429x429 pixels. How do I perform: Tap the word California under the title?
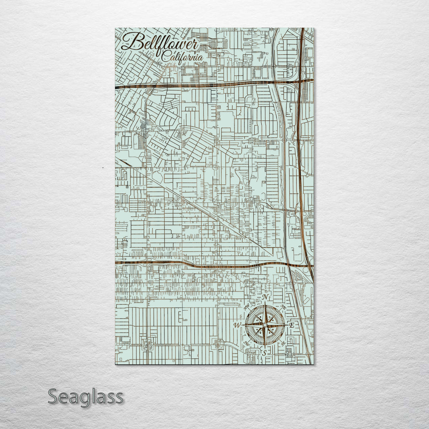[182, 58]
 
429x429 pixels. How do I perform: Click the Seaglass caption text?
[85, 397]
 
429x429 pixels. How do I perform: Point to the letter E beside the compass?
[292, 325]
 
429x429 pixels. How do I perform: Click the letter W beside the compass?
[238, 325]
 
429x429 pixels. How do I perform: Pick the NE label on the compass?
[283, 307]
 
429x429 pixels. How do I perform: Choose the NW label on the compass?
[247, 307]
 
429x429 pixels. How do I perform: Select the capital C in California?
[166, 58]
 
